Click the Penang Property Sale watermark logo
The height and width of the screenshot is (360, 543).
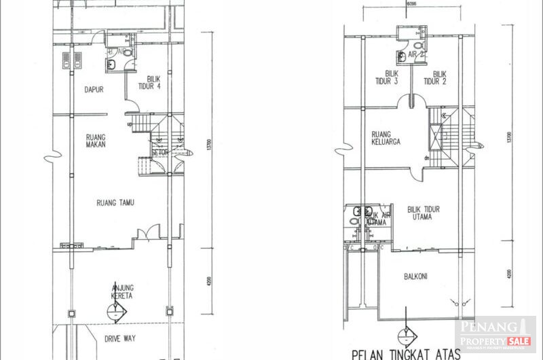coord(496,333)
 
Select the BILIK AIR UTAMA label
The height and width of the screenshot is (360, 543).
coord(377,219)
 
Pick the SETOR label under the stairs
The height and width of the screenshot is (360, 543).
coord(161,153)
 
